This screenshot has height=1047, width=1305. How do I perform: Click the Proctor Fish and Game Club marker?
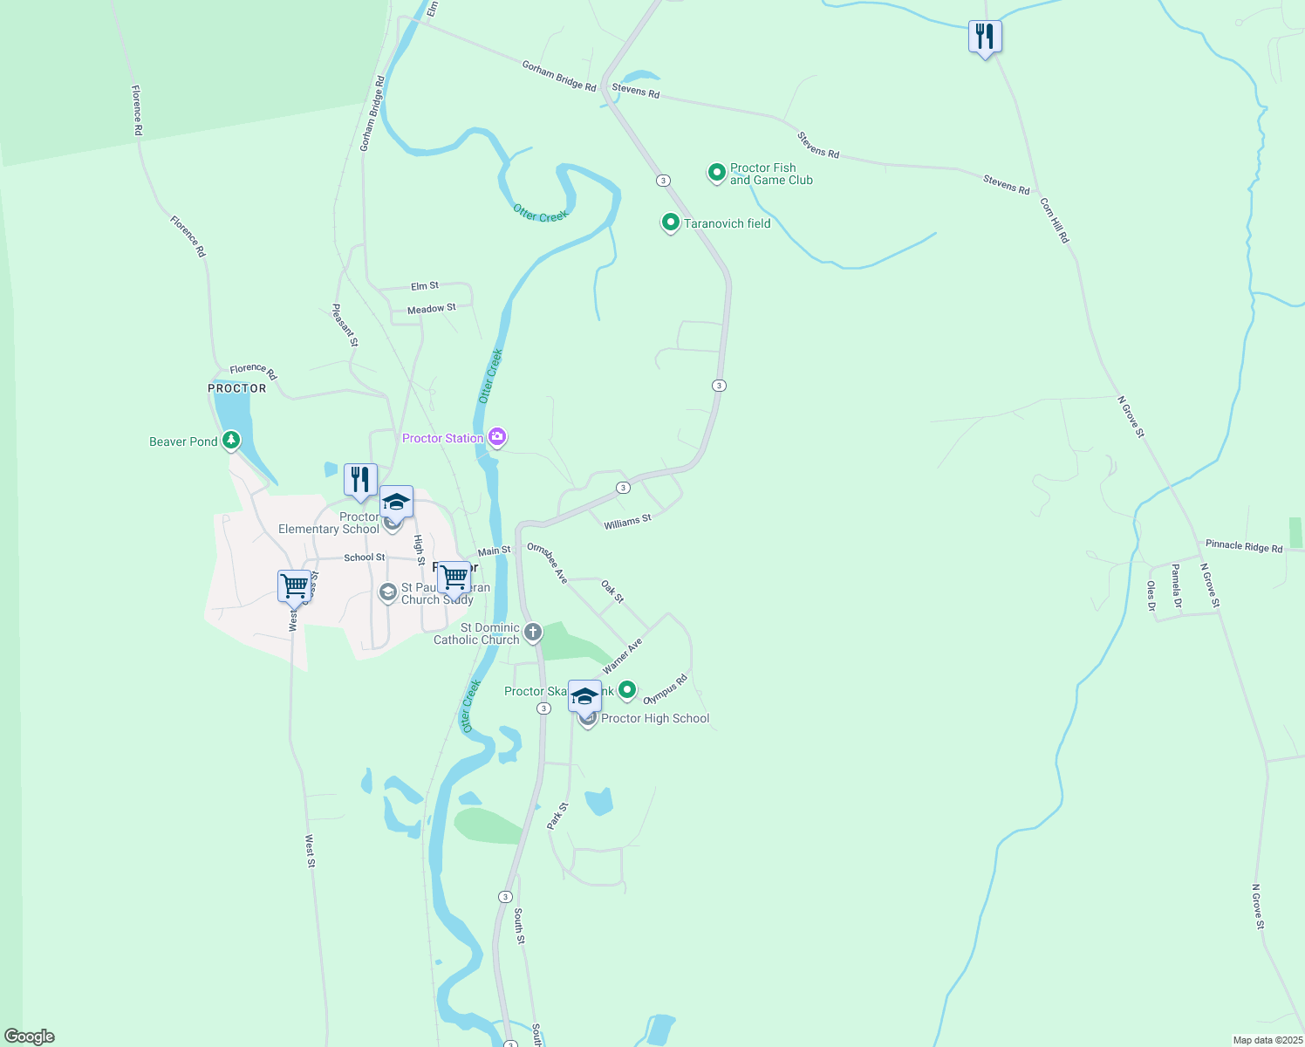[x=716, y=173]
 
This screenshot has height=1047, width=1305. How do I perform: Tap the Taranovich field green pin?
[x=670, y=223]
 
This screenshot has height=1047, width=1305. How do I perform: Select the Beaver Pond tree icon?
[x=230, y=440]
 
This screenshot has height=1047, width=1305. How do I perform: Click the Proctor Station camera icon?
[x=497, y=437]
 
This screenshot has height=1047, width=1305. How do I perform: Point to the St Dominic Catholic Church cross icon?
[x=533, y=632]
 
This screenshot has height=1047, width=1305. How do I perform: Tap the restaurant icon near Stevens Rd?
[x=985, y=37]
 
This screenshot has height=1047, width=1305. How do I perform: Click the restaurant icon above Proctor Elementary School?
[x=360, y=480]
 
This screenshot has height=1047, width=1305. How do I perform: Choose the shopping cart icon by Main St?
[x=454, y=577]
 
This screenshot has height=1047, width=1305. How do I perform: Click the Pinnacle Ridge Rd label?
[x=1244, y=546]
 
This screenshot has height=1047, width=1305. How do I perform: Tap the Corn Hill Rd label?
[x=1054, y=220]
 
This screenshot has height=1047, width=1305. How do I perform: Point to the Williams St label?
[x=627, y=522]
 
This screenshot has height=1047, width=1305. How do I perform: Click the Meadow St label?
[x=432, y=309]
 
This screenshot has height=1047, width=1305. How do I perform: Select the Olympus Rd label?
[x=666, y=689]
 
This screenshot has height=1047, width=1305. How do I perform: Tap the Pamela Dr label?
[x=1176, y=585]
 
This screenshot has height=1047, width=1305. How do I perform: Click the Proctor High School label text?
[x=655, y=718]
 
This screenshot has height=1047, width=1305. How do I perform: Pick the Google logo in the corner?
[x=30, y=1037]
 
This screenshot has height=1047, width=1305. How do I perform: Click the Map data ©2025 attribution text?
[x=1267, y=1040]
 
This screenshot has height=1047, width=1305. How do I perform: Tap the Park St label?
[x=557, y=816]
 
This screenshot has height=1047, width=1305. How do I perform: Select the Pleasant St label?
[x=345, y=325]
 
